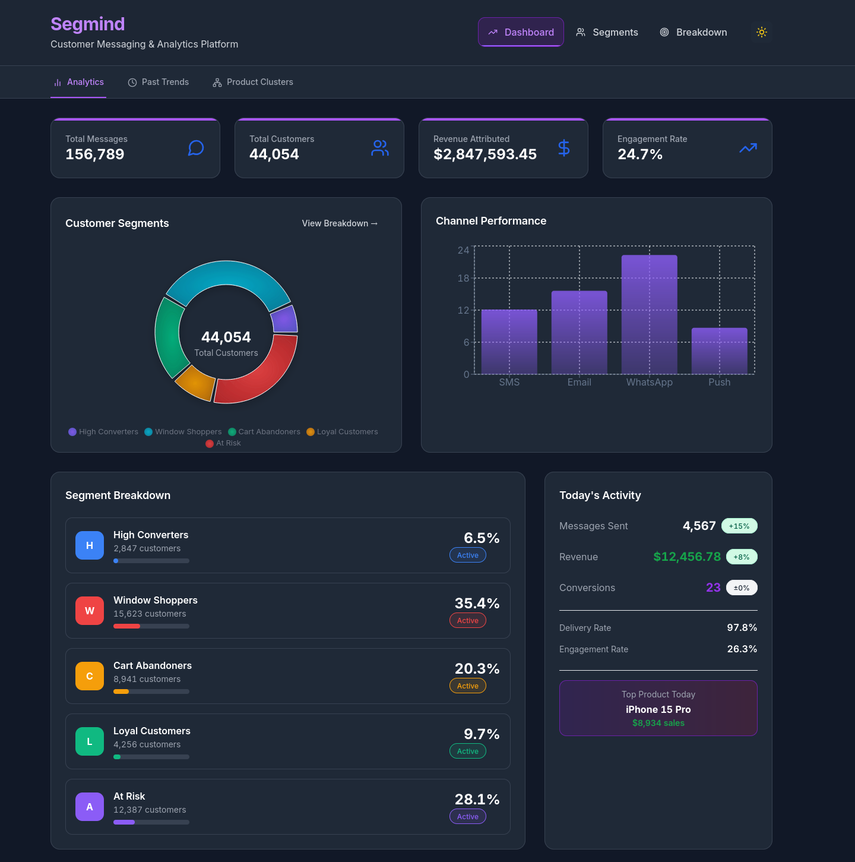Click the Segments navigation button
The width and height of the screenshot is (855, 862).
(607, 32)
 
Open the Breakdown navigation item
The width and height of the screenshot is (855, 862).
(693, 32)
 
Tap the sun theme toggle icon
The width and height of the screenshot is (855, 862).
(762, 32)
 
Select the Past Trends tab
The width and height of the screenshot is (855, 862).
(159, 82)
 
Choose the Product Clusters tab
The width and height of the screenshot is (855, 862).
(253, 82)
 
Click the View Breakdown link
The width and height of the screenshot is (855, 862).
(340, 223)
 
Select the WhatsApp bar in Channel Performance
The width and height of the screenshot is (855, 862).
(649, 315)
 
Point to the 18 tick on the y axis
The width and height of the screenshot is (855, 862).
(463, 278)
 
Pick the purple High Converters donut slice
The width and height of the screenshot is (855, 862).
(284, 320)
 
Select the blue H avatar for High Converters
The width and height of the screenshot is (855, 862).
(90, 545)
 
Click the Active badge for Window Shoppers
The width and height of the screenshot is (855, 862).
(468, 620)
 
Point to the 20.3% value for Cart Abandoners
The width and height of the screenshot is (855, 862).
(477, 668)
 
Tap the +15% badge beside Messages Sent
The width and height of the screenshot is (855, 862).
(739, 526)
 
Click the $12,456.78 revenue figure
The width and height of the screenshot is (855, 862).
(687, 557)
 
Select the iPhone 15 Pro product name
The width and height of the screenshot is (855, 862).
(658, 709)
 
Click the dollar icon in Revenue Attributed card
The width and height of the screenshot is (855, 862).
(564, 148)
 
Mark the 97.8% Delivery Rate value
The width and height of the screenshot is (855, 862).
(742, 627)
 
